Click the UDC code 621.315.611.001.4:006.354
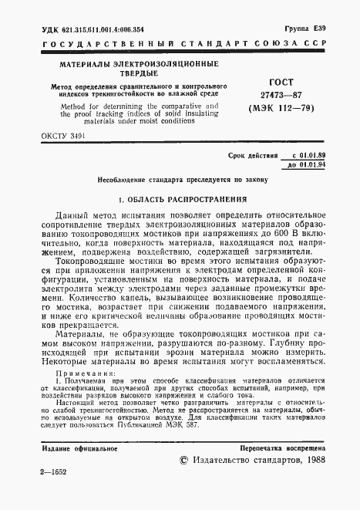(x=100, y=29)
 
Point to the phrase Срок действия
(x=252, y=156)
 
